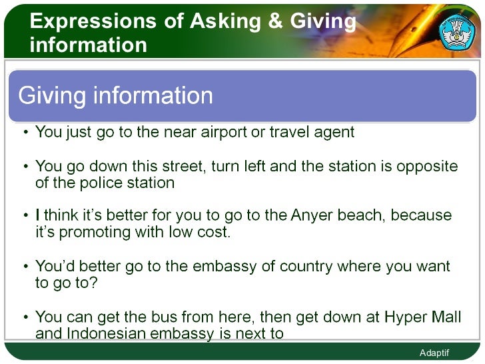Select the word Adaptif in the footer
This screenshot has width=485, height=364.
[x=434, y=353]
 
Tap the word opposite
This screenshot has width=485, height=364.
[x=427, y=166]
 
